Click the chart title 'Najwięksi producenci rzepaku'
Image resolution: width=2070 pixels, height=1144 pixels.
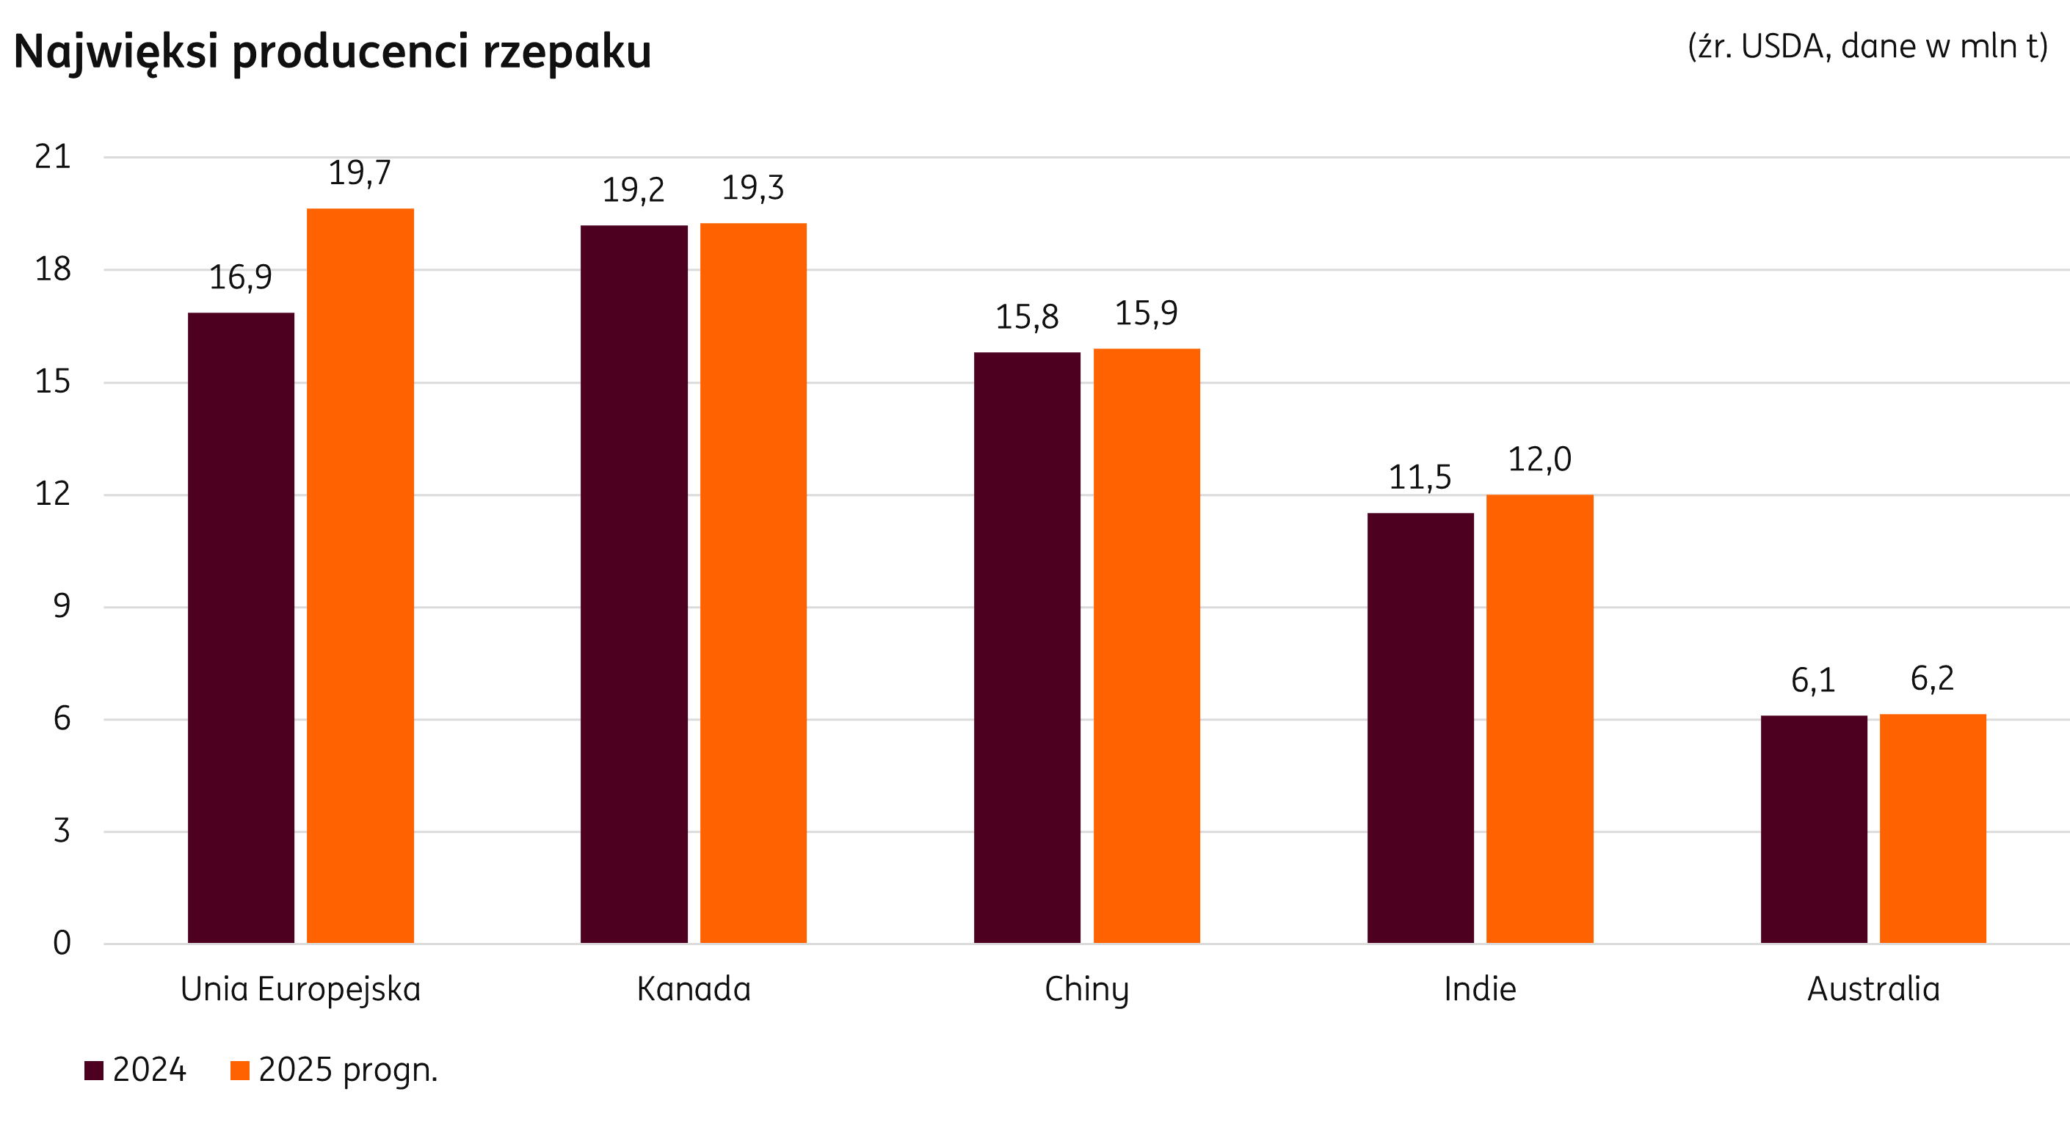[x=332, y=52]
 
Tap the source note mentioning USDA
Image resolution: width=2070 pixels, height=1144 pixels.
[x=1867, y=46]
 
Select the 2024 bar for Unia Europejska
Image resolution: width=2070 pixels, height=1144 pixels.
[x=241, y=627]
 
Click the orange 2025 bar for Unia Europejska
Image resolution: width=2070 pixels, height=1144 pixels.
[x=360, y=575]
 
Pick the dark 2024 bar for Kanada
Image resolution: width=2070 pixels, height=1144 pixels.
[x=634, y=583]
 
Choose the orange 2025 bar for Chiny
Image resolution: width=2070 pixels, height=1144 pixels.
[x=1147, y=645]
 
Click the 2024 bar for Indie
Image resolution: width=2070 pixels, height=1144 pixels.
[x=1420, y=727]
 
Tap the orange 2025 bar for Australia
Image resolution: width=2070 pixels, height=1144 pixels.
[x=1933, y=828]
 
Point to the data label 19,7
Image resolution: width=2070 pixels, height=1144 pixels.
[x=359, y=172]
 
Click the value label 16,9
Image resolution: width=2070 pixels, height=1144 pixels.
[x=240, y=277]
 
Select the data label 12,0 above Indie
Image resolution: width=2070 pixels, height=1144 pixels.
[x=1539, y=459]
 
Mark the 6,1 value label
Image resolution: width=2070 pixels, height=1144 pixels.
[x=1813, y=680]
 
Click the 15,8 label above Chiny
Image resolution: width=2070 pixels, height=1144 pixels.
[x=1027, y=317]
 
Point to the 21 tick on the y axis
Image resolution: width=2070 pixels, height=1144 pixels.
[x=53, y=156]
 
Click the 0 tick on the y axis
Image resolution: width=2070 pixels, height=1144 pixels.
[x=62, y=942]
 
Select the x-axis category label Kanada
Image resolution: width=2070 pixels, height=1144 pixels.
[x=694, y=989]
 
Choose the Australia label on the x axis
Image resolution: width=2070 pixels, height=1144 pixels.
[x=1873, y=989]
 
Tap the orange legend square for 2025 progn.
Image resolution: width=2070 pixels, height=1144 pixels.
[x=239, y=1070]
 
